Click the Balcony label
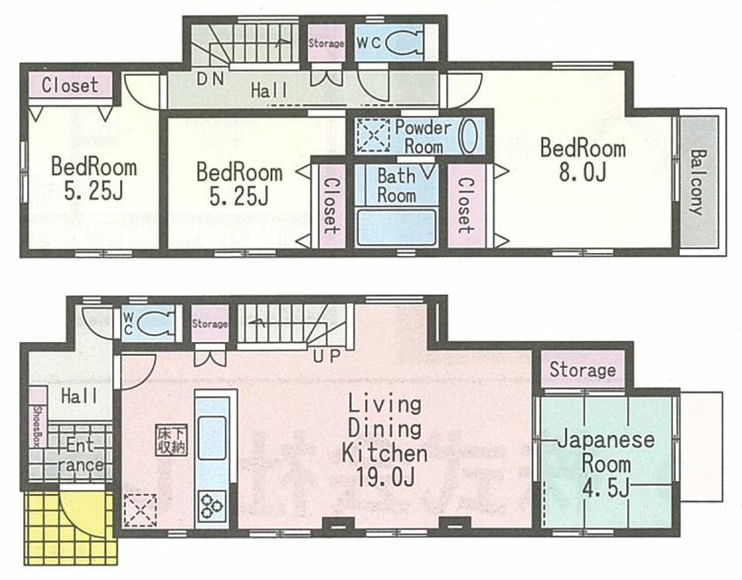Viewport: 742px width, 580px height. click(697, 182)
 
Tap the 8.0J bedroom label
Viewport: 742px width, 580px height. click(582, 159)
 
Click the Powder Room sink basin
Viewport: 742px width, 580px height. click(469, 136)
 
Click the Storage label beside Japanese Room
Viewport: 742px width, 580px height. click(582, 369)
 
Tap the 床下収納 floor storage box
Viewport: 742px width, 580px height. click(171, 441)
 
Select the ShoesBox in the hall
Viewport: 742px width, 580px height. click(36, 426)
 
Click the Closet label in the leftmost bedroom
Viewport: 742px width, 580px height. click(70, 85)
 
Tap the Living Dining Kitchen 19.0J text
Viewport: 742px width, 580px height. click(384, 442)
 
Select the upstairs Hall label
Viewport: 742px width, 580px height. click(269, 91)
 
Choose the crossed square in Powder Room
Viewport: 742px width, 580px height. click(372, 136)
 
